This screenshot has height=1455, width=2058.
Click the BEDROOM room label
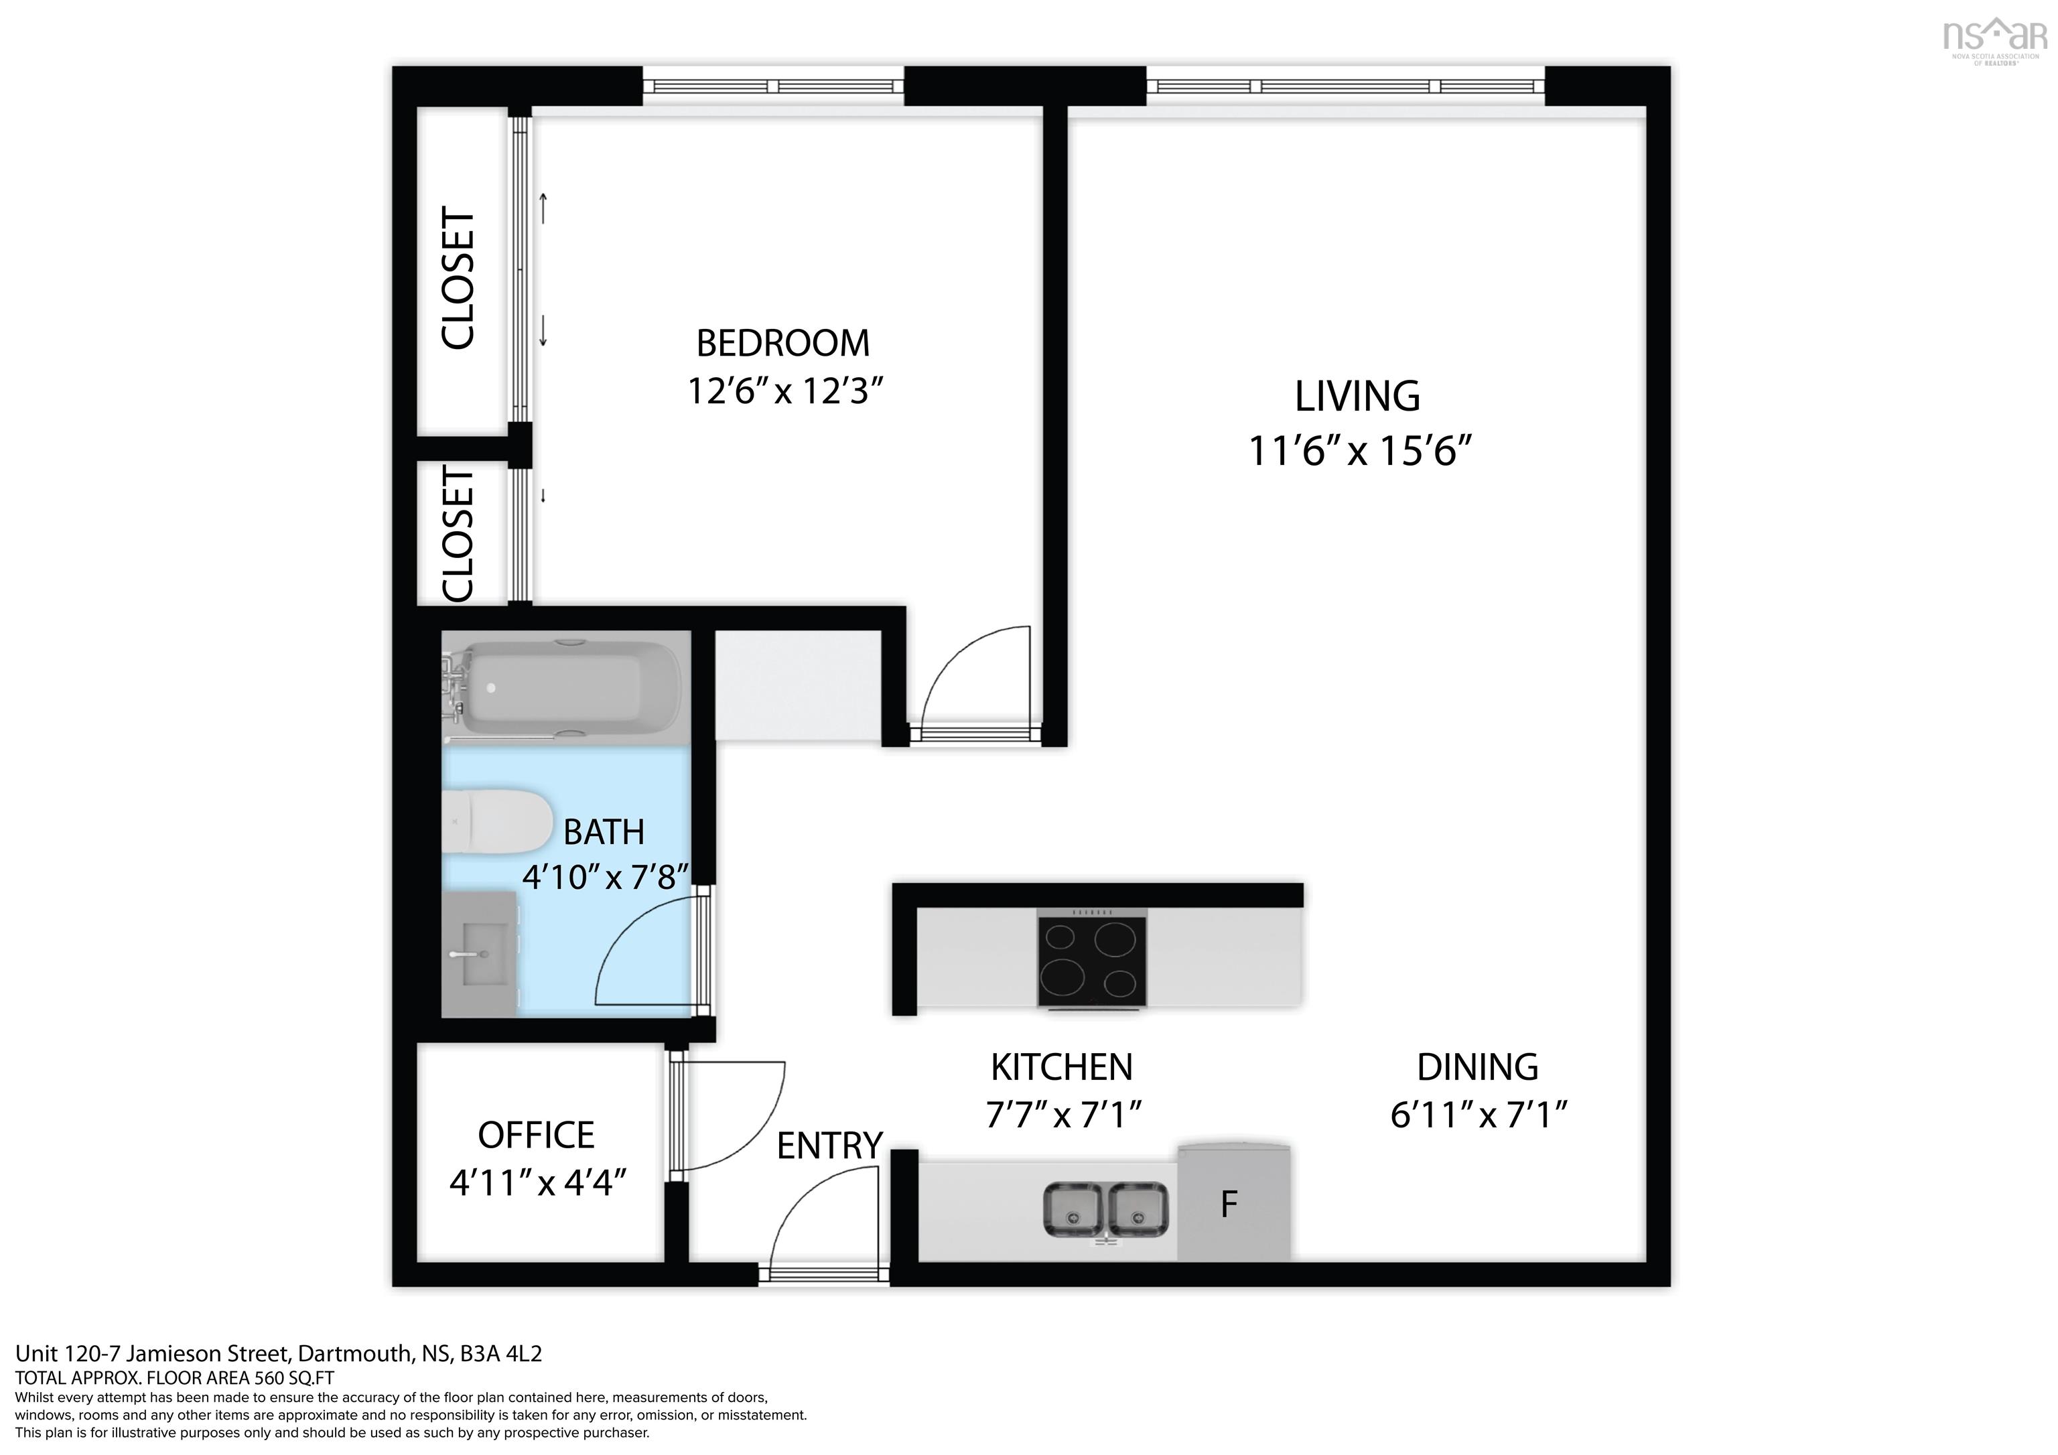[x=782, y=344]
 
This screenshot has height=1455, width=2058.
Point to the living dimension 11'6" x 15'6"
[x=1360, y=451]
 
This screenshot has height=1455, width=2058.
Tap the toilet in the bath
[x=498, y=821]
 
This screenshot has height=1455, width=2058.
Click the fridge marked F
[x=1233, y=1203]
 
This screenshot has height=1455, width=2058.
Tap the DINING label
[x=1477, y=1068]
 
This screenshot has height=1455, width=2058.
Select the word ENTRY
[x=829, y=1147]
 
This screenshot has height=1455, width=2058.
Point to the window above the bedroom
[x=774, y=86]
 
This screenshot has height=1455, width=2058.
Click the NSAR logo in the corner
[x=1994, y=37]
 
